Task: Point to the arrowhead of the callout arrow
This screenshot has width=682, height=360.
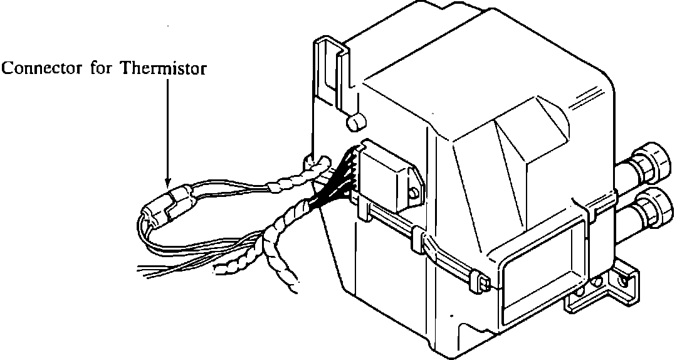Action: click(167, 183)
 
